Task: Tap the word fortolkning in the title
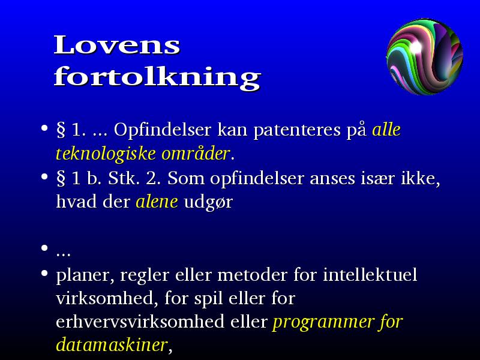coord(158,78)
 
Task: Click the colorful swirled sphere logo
coord(425,56)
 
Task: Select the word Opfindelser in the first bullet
coord(162,130)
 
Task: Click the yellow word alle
coord(386,130)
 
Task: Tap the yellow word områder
coord(196,153)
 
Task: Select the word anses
coord(332,178)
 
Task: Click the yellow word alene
coord(157,202)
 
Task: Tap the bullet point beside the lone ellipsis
coord(44,248)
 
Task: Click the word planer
coord(85,275)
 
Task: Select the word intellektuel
coord(370,274)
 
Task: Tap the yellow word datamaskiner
coord(112,345)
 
